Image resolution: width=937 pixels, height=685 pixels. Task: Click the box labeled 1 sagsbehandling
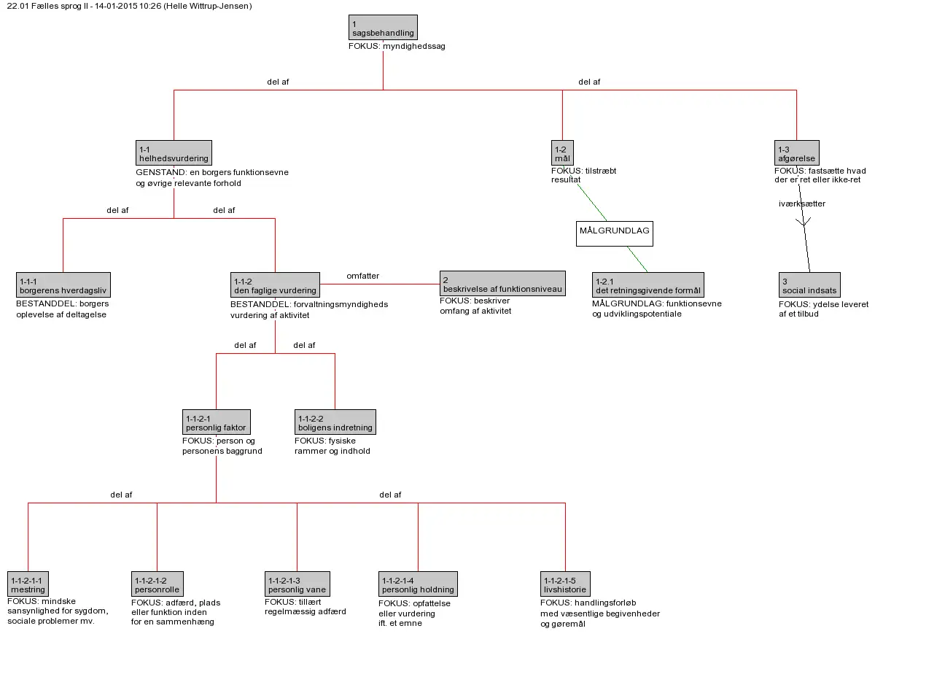383,28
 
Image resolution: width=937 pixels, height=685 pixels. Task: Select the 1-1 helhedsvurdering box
174,152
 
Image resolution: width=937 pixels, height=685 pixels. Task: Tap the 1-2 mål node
562,152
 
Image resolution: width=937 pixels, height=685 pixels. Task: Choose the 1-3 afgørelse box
796,152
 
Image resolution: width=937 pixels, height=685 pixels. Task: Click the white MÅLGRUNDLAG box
615,234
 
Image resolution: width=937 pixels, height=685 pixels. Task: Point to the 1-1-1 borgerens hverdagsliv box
63,285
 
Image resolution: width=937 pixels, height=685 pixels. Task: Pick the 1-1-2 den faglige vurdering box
275,285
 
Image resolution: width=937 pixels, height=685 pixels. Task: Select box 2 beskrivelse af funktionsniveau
502,283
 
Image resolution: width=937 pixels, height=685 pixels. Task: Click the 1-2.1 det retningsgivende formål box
648,285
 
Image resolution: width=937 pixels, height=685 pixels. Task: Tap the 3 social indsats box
809,285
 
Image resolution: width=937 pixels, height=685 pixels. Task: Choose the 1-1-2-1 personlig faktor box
217,422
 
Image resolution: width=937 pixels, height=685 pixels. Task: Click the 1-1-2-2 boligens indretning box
335,422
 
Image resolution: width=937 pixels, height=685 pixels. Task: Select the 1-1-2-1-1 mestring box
28,584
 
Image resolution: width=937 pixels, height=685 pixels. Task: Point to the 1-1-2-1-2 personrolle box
158,584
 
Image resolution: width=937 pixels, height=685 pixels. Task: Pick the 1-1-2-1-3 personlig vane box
297,584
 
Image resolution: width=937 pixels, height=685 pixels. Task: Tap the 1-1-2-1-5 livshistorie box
565,584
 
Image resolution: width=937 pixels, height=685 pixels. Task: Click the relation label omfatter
362,276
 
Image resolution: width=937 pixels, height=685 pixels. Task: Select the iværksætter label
802,204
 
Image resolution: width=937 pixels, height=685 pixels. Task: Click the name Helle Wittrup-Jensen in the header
208,6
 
